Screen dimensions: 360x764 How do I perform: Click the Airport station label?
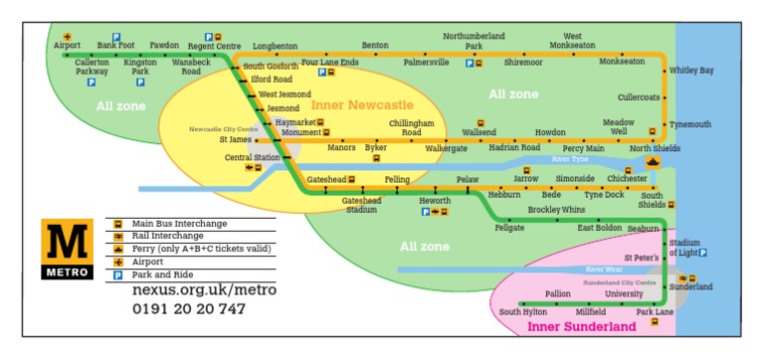[67, 45]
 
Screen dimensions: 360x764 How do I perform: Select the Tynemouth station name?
[689, 124]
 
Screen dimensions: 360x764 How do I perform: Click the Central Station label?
[252, 157]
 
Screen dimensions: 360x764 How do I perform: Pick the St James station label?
[235, 140]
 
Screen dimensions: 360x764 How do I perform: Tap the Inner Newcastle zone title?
[362, 104]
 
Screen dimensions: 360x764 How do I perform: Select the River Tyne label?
[570, 159]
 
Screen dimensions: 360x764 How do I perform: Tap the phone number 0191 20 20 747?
[189, 308]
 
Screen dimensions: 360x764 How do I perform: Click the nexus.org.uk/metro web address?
[204, 289]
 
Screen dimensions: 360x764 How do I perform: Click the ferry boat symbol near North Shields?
[653, 163]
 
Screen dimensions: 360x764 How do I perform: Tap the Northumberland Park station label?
[475, 40]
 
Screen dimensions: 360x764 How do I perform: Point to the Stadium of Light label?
[685, 248]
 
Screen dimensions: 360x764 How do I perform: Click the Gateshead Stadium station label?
[361, 205]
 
